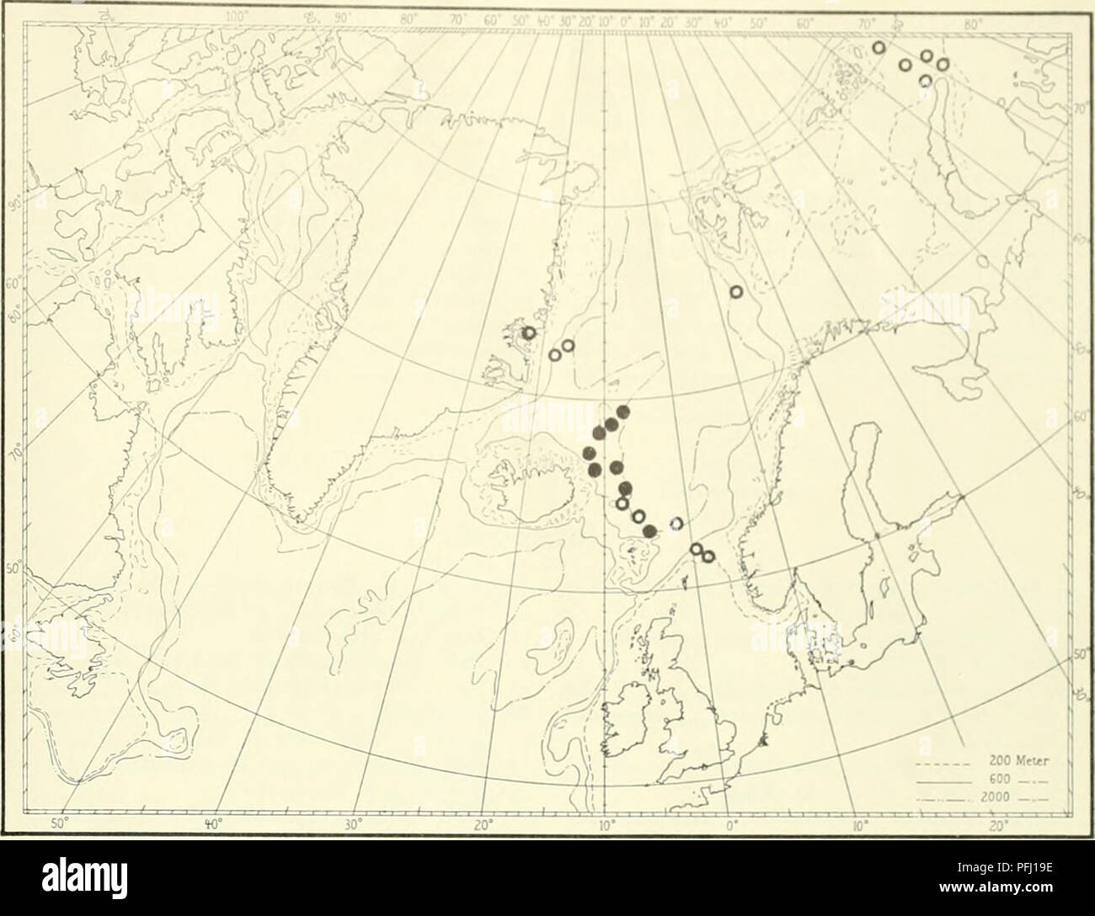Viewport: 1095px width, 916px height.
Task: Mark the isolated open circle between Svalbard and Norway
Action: click(736, 292)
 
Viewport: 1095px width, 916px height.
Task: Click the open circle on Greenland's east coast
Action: click(530, 333)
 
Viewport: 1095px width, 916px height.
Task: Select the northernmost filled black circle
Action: click(623, 412)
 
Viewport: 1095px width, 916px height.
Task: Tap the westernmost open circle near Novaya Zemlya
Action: click(879, 48)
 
